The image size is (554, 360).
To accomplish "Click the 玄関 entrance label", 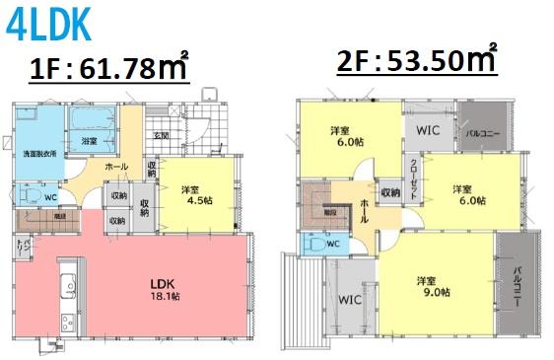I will (x=161, y=135).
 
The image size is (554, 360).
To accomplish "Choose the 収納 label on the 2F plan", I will (x=389, y=192).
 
